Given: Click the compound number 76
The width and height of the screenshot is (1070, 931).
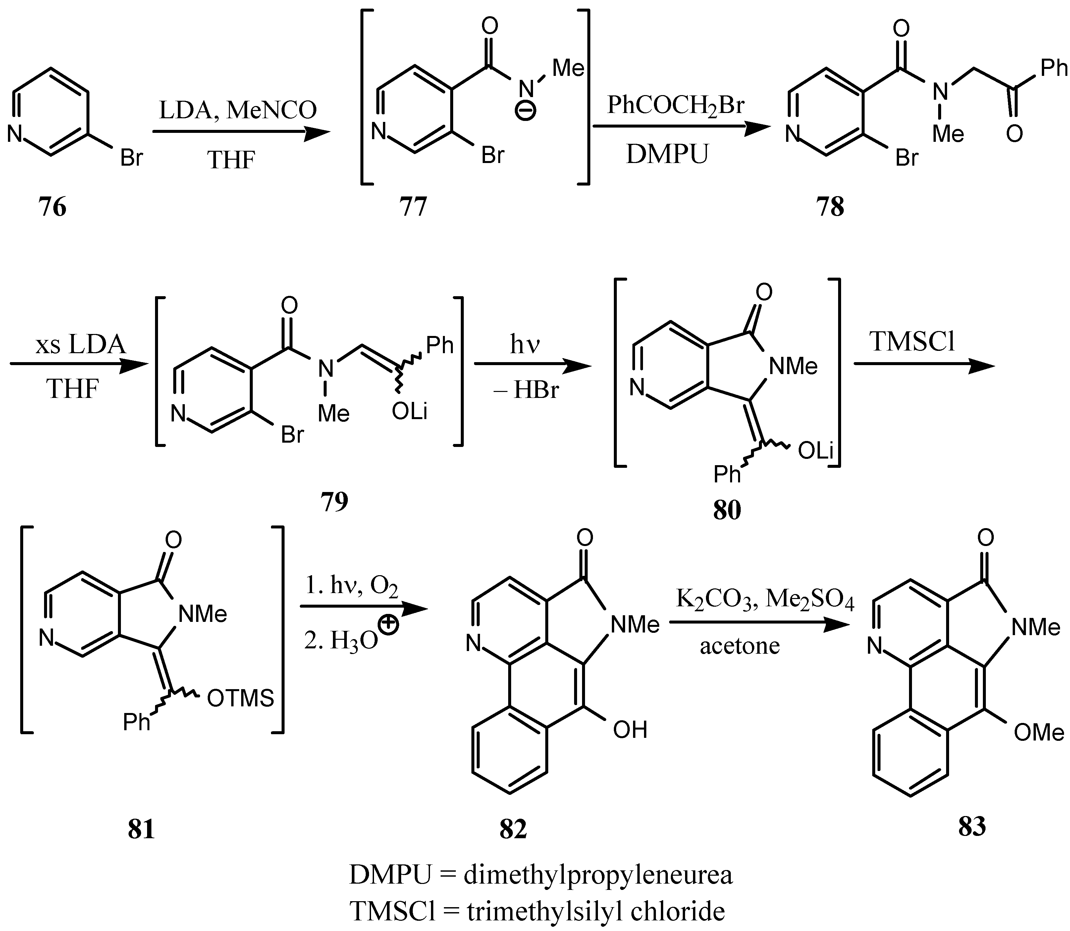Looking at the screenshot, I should (52, 207).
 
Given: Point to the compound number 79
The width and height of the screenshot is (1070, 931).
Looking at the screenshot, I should (334, 501).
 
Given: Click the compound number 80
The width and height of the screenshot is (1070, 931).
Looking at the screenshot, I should (727, 511).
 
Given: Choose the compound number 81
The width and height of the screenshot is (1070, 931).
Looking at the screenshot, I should (141, 830).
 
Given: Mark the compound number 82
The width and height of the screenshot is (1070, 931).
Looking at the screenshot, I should (513, 830).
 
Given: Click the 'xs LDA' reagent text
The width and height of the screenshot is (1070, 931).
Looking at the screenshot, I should (80, 345).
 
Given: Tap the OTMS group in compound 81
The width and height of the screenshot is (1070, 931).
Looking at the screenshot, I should (241, 699).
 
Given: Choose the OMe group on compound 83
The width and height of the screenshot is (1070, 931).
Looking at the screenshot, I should (1039, 733).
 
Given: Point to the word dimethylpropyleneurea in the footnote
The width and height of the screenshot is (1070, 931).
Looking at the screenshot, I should (598, 875).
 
